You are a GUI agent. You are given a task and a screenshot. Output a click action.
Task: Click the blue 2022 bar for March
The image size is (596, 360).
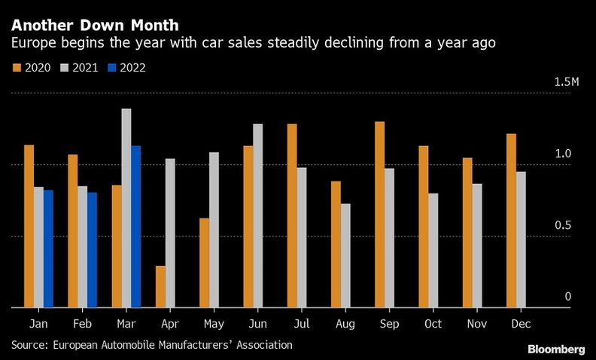136,227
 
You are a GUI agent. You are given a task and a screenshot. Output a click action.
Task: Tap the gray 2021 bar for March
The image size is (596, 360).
126,208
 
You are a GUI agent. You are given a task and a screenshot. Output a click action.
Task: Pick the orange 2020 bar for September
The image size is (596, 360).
379,215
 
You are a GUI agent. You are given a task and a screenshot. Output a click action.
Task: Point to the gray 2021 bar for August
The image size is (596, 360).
345,255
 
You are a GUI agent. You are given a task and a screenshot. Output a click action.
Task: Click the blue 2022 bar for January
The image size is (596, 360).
48,249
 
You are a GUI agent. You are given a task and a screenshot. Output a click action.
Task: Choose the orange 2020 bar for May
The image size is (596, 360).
204,263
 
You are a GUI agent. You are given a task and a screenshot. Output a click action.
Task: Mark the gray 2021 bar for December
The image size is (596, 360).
521,239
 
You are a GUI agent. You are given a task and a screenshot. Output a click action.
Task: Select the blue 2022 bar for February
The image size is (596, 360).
92,250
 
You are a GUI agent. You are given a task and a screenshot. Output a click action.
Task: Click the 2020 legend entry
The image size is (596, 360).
32,68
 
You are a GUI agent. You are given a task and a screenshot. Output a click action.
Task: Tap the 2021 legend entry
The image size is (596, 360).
80,68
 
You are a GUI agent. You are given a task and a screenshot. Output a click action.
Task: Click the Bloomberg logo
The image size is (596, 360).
555,349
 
